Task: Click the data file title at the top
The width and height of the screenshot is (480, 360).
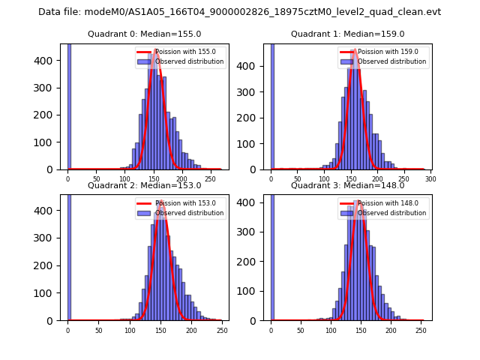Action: click(x=239, y=12)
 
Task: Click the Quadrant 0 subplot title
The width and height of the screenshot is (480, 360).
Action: click(x=144, y=34)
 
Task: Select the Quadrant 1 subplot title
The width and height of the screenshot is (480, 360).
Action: click(x=347, y=34)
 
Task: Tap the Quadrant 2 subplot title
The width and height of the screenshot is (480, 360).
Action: click(x=144, y=185)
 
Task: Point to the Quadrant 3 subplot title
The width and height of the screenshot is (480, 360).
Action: click(x=347, y=185)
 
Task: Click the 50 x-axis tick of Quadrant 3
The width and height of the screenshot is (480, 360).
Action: click(x=301, y=330)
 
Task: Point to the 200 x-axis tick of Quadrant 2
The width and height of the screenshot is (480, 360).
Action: click(x=160, y=330)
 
